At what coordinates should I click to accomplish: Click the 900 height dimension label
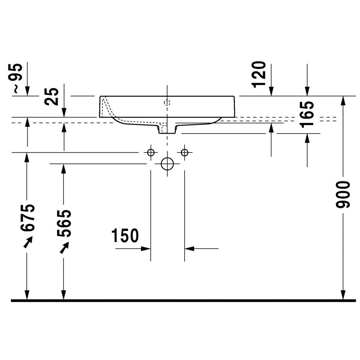[x=343, y=195]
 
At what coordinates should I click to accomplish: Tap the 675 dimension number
[x=28, y=217]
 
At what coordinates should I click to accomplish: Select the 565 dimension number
[x=64, y=223]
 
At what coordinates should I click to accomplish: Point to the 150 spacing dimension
[x=125, y=236]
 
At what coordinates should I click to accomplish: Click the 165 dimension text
[x=307, y=114]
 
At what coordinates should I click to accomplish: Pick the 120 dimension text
[x=259, y=74]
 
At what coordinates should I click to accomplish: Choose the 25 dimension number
[x=52, y=97]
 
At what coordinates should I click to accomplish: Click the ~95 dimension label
[x=18, y=78]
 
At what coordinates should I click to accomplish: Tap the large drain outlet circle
[x=167, y=164]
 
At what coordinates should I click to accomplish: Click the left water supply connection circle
[x=151, y=152]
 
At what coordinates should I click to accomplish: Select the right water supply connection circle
[x=185, y=152]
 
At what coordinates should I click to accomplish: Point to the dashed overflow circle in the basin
[x=167, y=102]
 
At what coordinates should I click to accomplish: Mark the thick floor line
[x=183, y=301]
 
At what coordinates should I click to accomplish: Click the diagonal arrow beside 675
[x=28, y=242]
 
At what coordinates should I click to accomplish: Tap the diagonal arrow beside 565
[x=64, y=247]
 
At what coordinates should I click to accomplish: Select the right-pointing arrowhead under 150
[x=146, y=249]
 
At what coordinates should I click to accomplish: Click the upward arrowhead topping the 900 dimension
[x=343, y=101]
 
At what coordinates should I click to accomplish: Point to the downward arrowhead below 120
[x=272, y=91]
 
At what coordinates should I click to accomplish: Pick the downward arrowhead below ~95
[x=27, y=91]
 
